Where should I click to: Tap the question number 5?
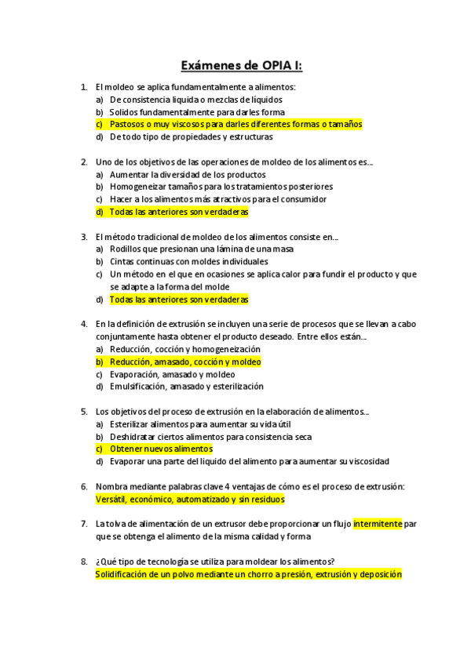click(84, 411)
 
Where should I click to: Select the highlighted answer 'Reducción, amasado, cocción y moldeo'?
click(185, 362)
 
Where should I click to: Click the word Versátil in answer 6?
click(111, 499)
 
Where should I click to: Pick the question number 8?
click(84, 561)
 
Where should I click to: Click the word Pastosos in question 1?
click(127, 124)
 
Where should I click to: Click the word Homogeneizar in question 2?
click(137, 187)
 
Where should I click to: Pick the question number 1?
click(84, 87)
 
